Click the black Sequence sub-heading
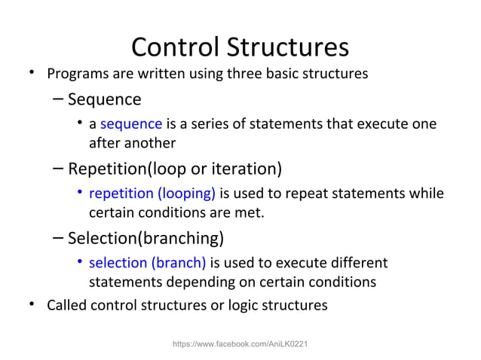point(104,99)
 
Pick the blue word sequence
point(130,124)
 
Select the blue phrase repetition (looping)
point(152,194)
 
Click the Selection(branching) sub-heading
point(146,239)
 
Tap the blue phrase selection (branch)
point(147,264)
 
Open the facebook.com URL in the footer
point(240,343)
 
